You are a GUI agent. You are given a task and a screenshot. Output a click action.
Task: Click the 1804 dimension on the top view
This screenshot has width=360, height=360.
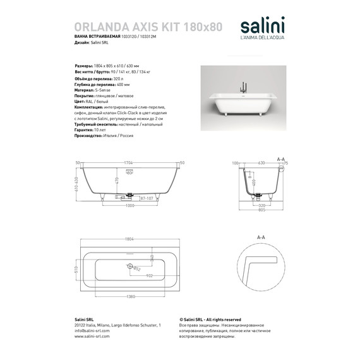pos(129,239)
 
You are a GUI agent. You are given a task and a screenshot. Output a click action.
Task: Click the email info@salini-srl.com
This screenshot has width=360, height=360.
pos(92,330)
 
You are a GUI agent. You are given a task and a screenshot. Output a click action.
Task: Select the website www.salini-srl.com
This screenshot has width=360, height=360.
pos(92,337)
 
